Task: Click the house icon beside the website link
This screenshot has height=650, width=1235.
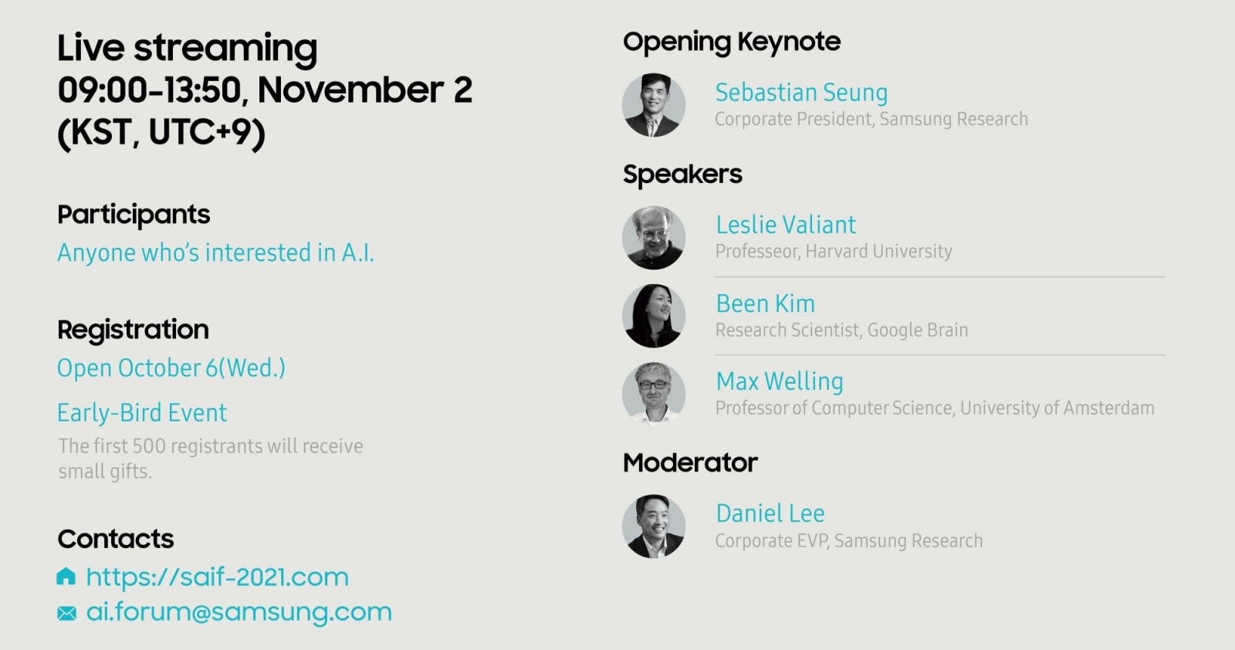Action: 66,576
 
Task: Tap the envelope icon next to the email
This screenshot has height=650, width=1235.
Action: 66,613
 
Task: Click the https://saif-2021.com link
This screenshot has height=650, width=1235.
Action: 217,577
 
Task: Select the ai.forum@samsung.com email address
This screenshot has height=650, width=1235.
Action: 239,612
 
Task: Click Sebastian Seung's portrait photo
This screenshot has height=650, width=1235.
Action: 654,105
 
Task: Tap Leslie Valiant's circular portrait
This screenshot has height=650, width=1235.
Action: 654,238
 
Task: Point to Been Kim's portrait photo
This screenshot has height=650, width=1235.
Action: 654,316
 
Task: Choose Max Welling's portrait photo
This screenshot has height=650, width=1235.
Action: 654,394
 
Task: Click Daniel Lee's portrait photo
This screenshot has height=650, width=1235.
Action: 654,526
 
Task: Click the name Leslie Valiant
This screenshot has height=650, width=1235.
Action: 786,225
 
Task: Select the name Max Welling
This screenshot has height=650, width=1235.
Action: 780,381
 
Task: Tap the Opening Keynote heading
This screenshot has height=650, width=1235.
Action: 732,42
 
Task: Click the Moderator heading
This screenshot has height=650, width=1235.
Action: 690,462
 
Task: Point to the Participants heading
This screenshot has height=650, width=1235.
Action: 134,215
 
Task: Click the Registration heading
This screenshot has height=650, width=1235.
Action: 134,330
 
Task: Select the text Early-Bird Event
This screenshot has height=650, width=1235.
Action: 142,413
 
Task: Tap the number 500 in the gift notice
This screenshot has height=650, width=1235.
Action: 149,446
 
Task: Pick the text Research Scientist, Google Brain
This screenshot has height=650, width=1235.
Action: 842,330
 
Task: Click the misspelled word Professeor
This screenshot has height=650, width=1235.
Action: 757,252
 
